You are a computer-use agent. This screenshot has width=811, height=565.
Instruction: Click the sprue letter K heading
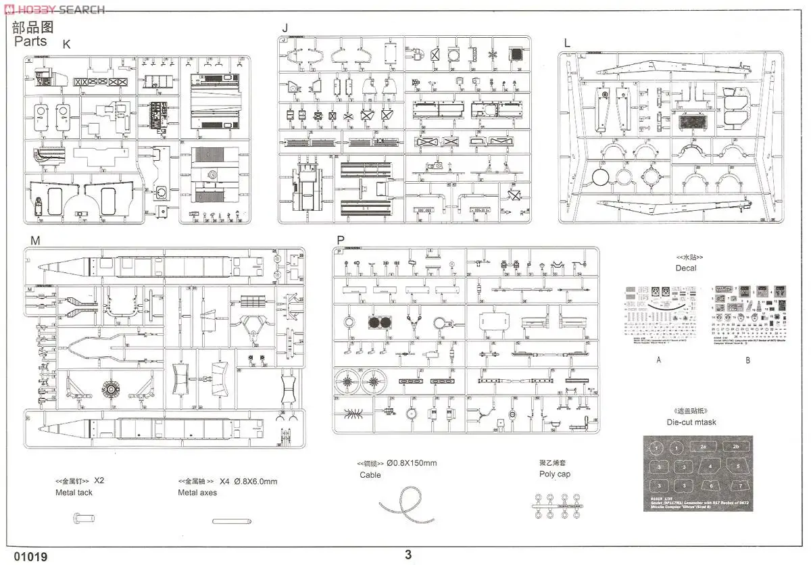[x=66, y=45]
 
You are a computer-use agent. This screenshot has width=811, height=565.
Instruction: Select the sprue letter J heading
[x=285, y=28]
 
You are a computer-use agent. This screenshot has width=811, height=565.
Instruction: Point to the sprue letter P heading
[x=340, y=240]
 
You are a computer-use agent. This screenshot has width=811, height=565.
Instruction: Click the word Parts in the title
[x=31, y=41]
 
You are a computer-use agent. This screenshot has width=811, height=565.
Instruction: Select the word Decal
[x=685, y=268]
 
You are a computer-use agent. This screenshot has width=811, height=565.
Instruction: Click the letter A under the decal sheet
[x=658, y=360]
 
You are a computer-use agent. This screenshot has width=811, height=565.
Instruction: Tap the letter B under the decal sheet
[x=747, y=360]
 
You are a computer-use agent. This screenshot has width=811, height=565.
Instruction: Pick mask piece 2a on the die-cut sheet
[x=703, y=447]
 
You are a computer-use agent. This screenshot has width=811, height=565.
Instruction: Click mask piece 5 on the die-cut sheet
[x=738, y=466]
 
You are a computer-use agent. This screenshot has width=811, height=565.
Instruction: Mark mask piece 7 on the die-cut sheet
[x=741, y=486]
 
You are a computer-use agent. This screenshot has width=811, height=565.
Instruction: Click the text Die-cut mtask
[x=690, y=422]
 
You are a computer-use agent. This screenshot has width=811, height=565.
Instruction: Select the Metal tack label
[x=74, y=493]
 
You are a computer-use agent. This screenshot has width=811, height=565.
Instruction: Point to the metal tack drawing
[x=81, y=520]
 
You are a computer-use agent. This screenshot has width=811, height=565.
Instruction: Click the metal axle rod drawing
[x=230, y=521]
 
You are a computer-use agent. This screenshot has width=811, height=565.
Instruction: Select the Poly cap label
[x=555, y=474]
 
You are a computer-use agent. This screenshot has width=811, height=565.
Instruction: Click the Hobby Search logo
[x=54, y=9]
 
